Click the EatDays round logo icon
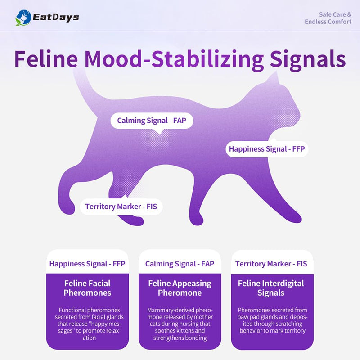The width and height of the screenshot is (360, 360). click(23, 18)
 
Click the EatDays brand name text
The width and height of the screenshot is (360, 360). click(56, 18)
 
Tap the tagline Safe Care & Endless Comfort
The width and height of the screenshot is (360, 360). click(328, 18)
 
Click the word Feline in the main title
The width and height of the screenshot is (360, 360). click(46, 59)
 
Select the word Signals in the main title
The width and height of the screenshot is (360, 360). click(308, 60)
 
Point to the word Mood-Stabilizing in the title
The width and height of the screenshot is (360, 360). click(174, 60)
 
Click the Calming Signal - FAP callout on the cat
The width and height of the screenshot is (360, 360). click(152, 121)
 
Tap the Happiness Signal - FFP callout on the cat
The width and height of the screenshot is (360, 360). click(267, 149)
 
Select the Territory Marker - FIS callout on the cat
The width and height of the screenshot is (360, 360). click(121, 207)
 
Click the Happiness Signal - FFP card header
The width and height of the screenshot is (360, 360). click(87, 264)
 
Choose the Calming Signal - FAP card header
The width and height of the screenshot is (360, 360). click(180, 264)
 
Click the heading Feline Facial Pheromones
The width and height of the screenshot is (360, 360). click(87, 288)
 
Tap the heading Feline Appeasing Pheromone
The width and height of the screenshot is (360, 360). click(180, 288)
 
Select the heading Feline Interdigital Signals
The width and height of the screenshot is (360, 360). click(271, 288)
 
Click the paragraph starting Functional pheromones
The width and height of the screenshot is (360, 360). click(89, 324)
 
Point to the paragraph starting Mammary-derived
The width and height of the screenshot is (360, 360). click(180, 324)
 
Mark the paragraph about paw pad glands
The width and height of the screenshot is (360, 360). click(273, 320)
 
